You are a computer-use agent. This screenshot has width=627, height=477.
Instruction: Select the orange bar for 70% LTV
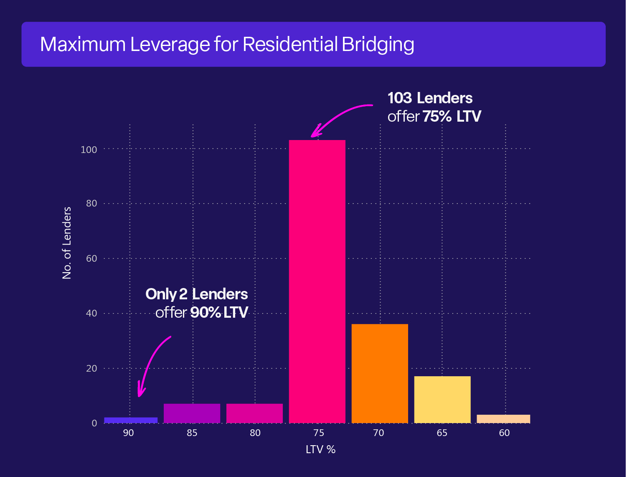(380, 373)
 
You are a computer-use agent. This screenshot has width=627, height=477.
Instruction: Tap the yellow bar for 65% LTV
(442, 400)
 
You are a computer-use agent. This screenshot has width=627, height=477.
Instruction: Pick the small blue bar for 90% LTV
(131, 420)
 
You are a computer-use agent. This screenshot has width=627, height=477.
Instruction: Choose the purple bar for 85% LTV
(192, 413)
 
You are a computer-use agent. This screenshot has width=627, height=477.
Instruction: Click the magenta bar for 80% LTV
(254, 413)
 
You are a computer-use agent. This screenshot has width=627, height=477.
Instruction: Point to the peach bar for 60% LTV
(503, 418)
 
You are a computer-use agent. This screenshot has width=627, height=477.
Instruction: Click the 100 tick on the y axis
(89, 150)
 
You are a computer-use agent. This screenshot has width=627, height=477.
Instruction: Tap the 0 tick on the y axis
(94, 423)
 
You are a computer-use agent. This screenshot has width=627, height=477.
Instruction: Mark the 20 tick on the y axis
(91, 368)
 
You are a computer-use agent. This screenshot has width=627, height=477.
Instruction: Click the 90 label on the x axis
(128, 433)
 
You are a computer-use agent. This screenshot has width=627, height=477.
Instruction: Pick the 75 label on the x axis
(318, 433)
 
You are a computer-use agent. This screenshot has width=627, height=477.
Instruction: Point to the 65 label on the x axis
(442, 433)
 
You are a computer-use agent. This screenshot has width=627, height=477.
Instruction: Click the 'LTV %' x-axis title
(320, 450)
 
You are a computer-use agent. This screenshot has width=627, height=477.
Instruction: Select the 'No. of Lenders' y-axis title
(67, 242)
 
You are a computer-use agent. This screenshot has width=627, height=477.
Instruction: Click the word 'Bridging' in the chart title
(378, 45)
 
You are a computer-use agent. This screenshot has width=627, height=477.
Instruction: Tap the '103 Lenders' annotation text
(430, 98)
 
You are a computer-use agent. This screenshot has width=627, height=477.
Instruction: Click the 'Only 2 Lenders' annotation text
(196, 294)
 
